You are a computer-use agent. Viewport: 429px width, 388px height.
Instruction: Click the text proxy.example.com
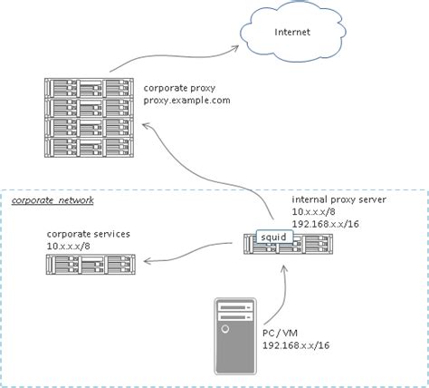click(186, 101)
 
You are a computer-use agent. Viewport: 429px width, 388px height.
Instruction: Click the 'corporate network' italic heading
click(53, 199)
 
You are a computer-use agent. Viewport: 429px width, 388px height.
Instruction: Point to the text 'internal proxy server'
click(339, 199)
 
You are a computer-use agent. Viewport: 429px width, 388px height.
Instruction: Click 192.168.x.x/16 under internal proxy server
click(326, 223)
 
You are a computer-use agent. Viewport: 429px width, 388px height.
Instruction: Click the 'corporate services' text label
click(89, 233)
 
